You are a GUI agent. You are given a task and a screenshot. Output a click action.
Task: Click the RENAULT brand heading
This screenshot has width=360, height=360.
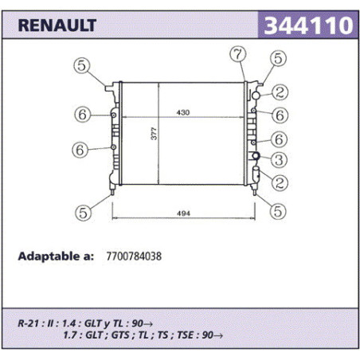(x=57, y=25)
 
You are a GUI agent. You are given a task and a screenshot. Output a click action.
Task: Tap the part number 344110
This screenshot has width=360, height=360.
(x=308, y=25)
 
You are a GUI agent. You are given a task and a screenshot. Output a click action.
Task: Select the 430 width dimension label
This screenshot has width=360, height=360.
(x=183, y=112)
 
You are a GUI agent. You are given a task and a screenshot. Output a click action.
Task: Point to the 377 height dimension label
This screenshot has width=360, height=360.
(x=154, y=134)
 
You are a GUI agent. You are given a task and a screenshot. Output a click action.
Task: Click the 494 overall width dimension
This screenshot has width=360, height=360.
(x=183, y=213)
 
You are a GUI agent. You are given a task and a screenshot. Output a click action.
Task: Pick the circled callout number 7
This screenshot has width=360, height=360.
(x=238, y=54)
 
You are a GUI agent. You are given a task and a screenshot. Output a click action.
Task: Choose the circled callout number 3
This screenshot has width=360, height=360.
(x=279, y=160)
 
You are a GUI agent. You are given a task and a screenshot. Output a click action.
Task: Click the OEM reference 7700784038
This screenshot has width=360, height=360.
(x=134, y=256)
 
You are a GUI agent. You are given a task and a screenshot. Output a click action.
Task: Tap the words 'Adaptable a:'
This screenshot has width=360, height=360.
(x=56, y=256)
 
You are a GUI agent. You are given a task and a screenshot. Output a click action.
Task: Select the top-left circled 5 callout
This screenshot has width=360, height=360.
(x=82, y=65)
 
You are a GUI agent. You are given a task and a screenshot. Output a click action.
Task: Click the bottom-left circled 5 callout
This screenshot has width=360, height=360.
(x=84, y=213)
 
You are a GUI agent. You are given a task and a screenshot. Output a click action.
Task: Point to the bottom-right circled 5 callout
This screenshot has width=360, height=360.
(x=278, y=211)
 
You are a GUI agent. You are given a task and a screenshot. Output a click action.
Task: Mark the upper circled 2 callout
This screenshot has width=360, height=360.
(x=280, y=92)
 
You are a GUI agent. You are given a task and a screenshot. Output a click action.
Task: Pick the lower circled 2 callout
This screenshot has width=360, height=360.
(x=280, y=182)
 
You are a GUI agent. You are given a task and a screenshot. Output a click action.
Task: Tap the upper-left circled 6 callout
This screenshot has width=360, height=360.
(x=83, y=115)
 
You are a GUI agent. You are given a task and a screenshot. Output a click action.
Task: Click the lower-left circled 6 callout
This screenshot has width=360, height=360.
(x=80, y=150)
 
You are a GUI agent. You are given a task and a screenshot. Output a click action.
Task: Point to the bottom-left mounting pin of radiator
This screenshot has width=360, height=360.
(x=112, y=190)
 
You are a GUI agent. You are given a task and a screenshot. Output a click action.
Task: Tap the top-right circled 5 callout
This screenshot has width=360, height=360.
(x=278, y=58)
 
